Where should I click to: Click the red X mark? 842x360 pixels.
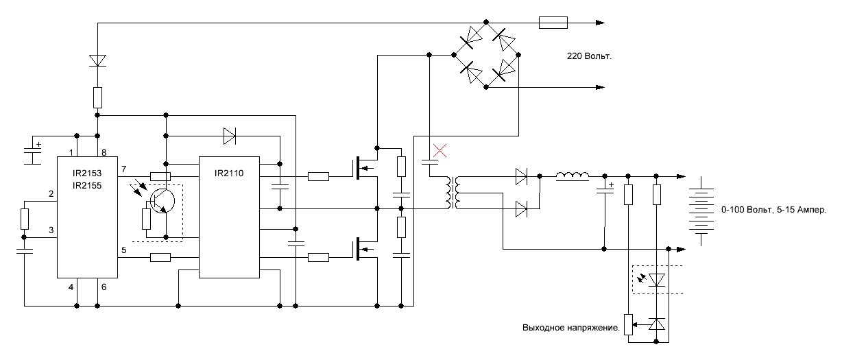pyautogui.click(x=440, y=150)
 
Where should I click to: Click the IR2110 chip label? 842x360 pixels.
pyautogui.click(x=229, y=173)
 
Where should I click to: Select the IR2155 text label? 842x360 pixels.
pyautogui.click(x=87, y=186)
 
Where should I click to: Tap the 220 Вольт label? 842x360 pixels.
pyautogui.click(x=589, y=56)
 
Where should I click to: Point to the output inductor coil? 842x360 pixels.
pyautogui.click(x=573, y=176)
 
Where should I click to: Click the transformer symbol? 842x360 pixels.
pyautogui.click(x=453, y=193)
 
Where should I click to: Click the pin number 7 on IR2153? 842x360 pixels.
pyautogui.click(x=123, y=169)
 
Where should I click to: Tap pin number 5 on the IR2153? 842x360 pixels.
pyautogui.click(x=124, y=250)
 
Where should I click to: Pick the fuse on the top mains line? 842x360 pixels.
pyautogui.click(x=553, y=23)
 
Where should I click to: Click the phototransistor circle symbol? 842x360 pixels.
pyautogui.click(x=163, y=201)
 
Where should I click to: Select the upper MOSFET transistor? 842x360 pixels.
pyautogui.click(x=365, y=169)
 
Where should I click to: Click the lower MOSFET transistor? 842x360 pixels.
pyautogui.click(x=365, y=248)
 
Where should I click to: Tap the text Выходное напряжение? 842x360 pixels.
pyautogui.click(x=571, y=328)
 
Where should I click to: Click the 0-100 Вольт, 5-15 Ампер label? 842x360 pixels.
pyautogui.click(x=773, y=210)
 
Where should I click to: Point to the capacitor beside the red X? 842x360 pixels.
pyautogui.click(x=429, y=163)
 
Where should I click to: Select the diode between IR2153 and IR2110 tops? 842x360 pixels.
pyautogui.click(x=229, y=136)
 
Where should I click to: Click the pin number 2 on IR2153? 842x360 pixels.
pyautogui.click(x=51, y=194)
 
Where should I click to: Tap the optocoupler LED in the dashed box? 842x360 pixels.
pyautogui.click(x=656, y=280)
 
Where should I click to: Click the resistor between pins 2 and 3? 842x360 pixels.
pyautogui.click(x=25, y=219)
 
